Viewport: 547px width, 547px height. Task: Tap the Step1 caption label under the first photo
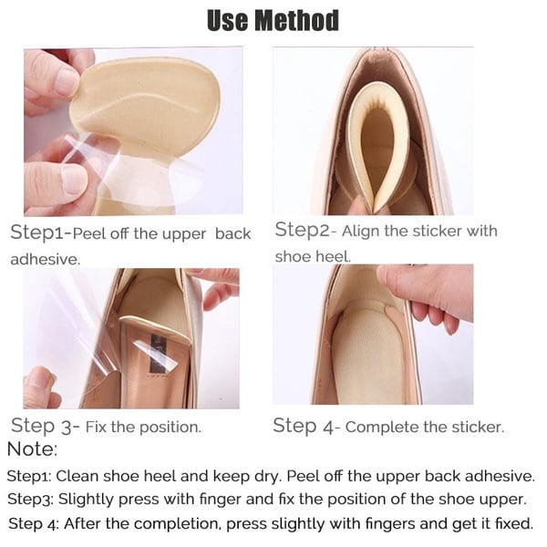click(38, 232)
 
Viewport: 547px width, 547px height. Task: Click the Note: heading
click(32, 449)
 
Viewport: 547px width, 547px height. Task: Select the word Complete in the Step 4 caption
click(379, 427)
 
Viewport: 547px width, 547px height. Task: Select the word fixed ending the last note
click(512, 524)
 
